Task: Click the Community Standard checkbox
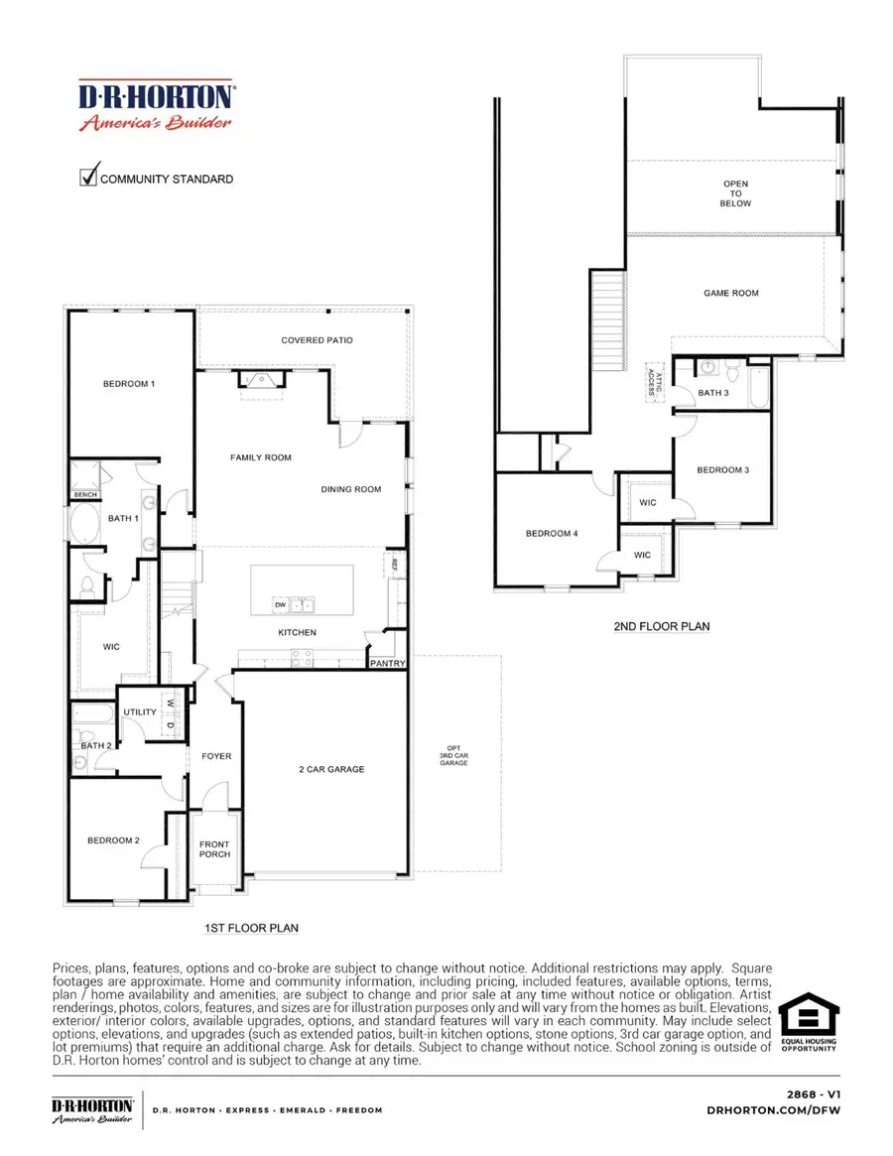(87, 178)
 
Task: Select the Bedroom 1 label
(129, 384)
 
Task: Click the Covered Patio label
(317, 340)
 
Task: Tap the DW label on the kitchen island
(282, 604)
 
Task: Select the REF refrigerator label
(394, 566)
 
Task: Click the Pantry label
(387, 664)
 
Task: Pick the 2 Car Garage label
(331, 769)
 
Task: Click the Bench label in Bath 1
(82, 495)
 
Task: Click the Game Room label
(730, 293)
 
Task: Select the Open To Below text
(736, 193)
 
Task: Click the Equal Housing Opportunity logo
(808, 1026)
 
